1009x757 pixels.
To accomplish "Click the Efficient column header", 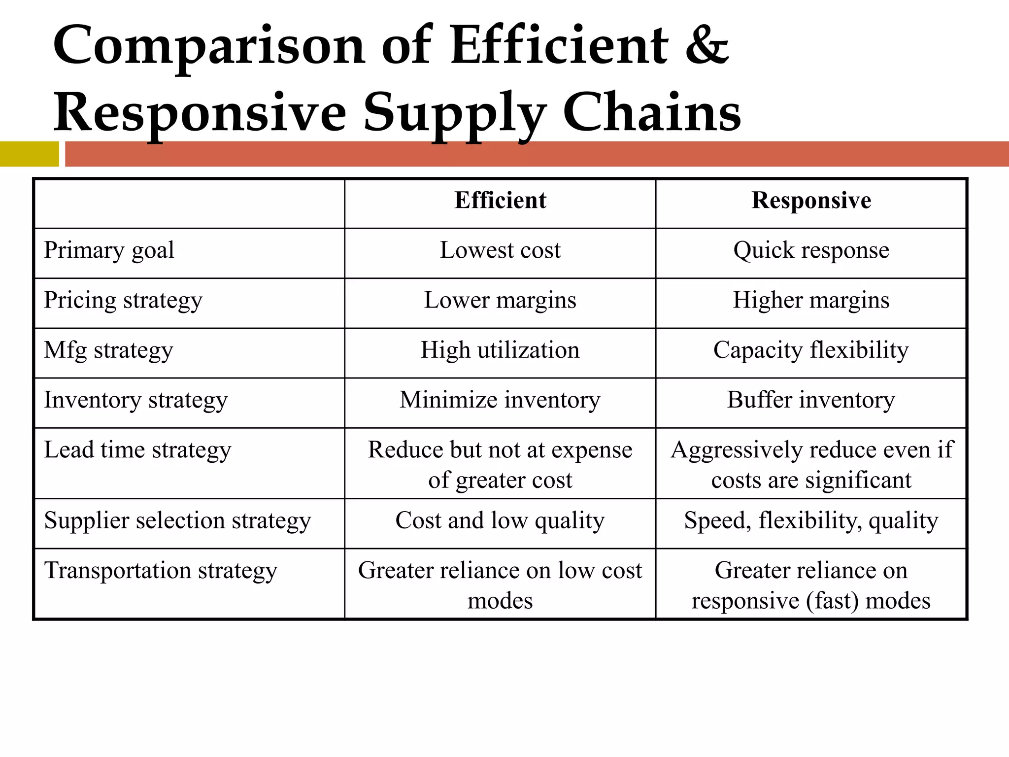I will (500, 201).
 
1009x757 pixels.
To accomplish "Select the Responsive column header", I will (811, 201).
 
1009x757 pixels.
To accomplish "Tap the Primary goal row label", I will (109, 250).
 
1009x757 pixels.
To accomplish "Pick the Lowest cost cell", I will (500, 250).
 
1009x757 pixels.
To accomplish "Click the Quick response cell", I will (811, 250).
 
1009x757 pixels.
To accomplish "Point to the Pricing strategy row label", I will (123, 300).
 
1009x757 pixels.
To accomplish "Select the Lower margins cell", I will (500, 300).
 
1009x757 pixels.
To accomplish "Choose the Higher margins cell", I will (811, 300).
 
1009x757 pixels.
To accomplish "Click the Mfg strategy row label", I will (108, 350).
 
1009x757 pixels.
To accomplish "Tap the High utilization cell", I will (500, 350).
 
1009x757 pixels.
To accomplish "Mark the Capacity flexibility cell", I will (811, 350).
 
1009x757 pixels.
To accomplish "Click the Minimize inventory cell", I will (500, 400).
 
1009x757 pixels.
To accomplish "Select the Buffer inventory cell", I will (811, 400).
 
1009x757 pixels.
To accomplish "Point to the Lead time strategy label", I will (137, 450).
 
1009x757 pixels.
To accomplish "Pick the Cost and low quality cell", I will (500, 520).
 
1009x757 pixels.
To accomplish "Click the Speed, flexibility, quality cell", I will (811, 520).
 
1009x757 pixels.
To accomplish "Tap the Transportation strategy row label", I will (161, 571).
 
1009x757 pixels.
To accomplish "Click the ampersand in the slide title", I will (706, 46).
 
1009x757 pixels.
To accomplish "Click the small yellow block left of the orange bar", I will (29, 154).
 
